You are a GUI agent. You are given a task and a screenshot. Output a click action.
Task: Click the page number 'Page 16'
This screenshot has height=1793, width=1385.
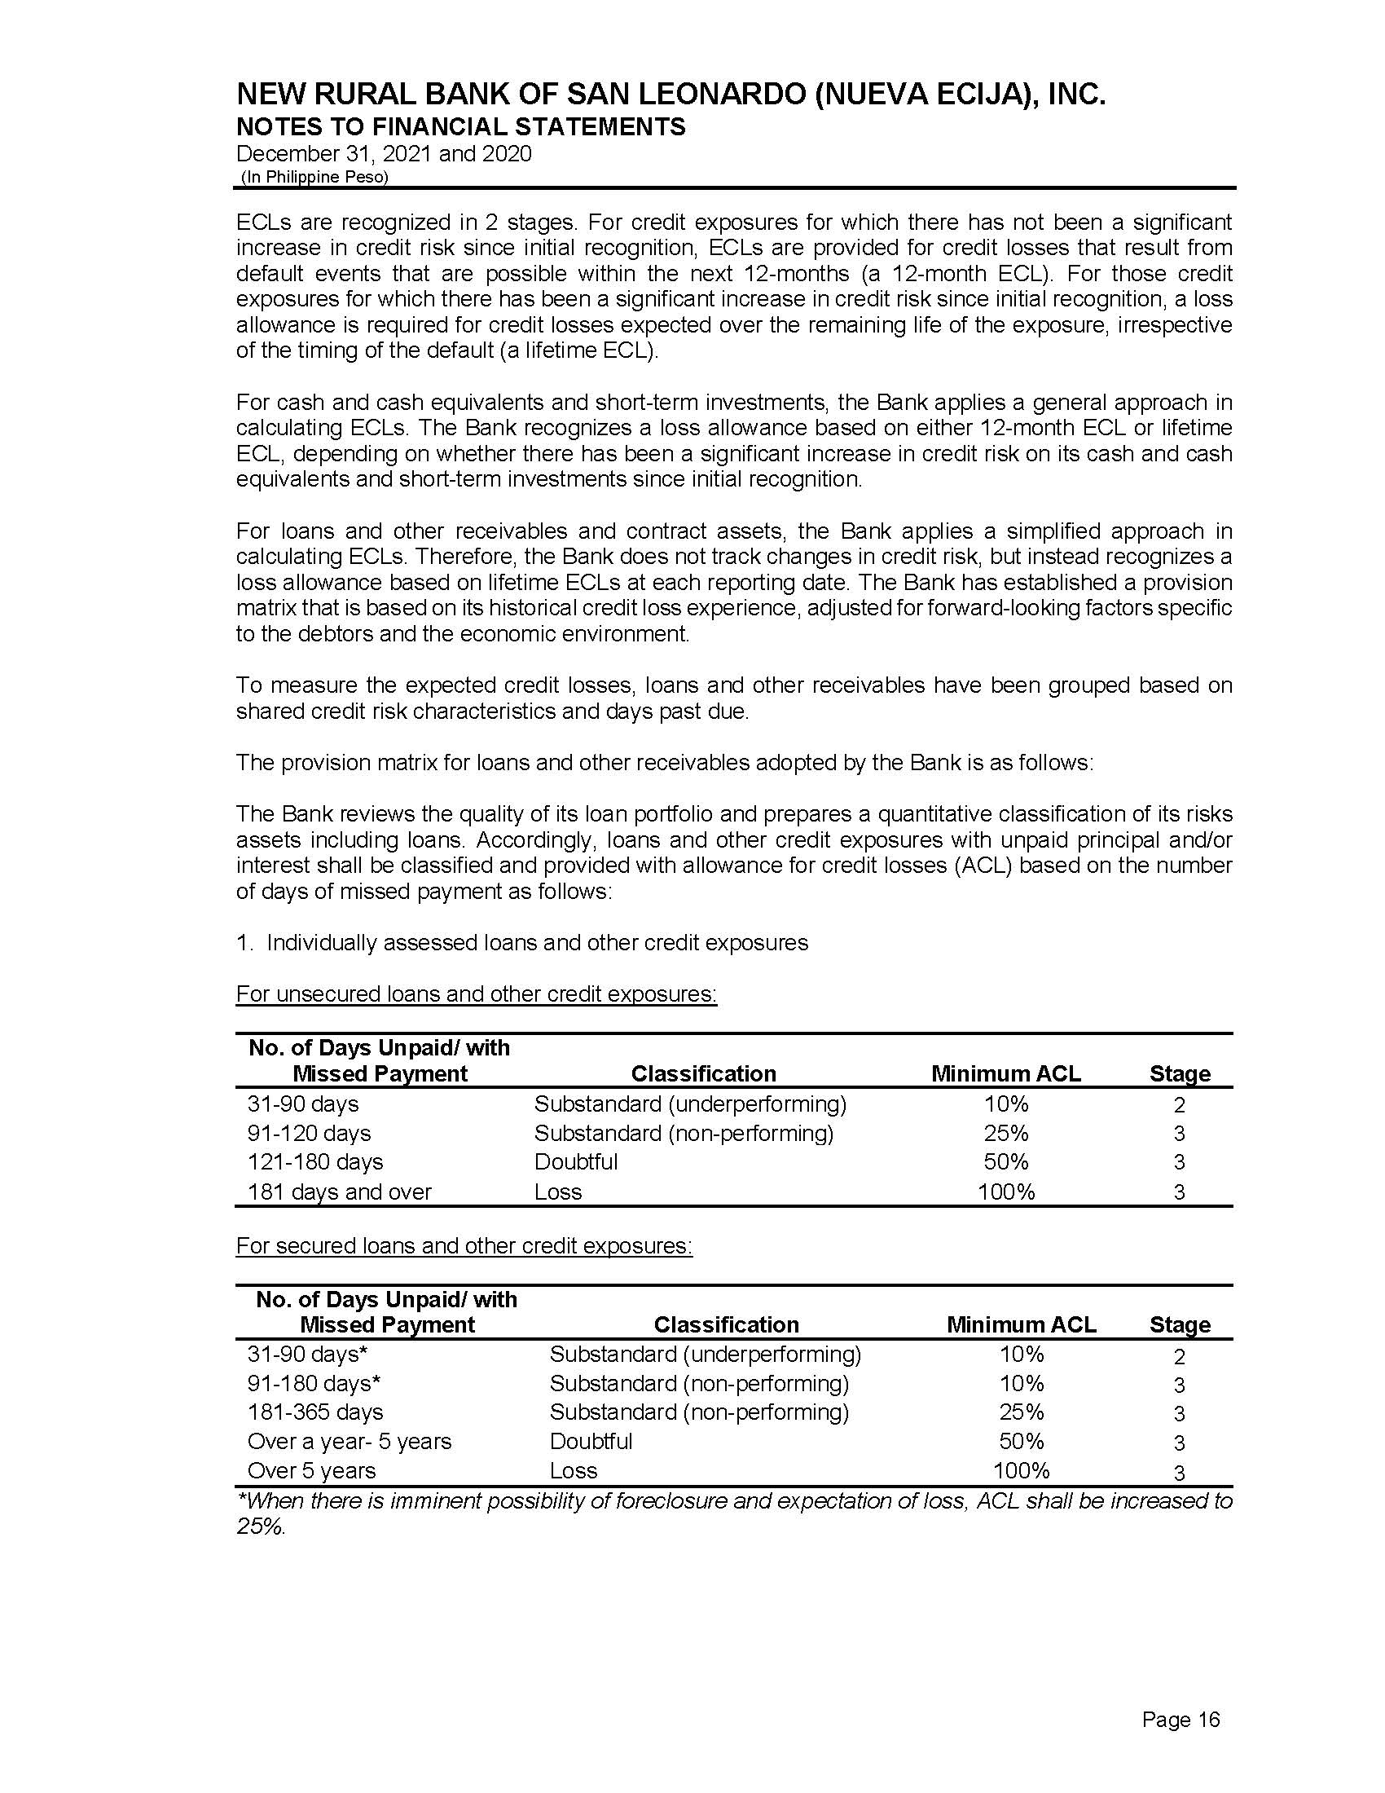tap(1180, 1719)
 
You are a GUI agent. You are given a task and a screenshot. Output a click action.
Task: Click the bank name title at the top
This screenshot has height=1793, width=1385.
tap(671, 95)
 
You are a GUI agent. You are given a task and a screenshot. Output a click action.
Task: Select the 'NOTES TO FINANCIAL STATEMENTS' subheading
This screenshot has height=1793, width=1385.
tap(460, 127)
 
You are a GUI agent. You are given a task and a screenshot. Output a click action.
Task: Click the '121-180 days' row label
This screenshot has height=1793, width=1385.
tap(315, 1161)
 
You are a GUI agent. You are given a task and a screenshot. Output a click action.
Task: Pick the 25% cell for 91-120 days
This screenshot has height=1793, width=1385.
tap(1005, 1133)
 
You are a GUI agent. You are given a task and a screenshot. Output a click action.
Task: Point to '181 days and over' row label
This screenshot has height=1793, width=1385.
tap(339, 1192)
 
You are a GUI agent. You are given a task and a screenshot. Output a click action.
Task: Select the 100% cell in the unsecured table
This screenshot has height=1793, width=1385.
tap(1005, 1192)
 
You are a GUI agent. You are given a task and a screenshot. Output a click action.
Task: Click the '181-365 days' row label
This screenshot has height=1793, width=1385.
tap(315, 1412)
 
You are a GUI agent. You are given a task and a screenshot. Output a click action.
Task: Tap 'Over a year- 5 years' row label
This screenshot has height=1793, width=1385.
tap(349, 1442)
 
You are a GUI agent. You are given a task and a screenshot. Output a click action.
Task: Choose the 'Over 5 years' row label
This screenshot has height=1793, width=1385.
tap(311, 1470)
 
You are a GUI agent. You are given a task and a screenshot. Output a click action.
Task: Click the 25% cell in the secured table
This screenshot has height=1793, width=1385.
tap(1021, 1412)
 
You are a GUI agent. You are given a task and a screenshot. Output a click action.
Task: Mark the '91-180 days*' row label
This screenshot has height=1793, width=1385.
tap(314, 1383)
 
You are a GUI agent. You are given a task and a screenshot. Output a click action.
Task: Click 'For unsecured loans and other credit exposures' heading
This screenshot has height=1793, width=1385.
tap(476, 994)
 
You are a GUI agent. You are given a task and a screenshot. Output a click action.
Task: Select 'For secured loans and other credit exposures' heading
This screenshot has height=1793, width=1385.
tap(464, 1245)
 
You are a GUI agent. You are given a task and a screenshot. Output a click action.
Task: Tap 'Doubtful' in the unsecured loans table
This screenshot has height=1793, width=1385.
tap(575, 1161)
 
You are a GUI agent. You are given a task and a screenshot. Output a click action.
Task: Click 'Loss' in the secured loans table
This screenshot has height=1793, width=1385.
tap(573, 1470)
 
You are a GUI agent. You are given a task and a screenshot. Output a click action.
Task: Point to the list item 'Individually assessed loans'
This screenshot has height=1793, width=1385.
tap(537, 942)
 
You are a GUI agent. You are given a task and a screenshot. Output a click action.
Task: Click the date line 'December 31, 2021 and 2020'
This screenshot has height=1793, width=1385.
tap(383, 154)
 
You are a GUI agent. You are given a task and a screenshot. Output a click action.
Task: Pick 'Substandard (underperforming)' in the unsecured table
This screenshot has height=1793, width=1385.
tap(689, 1104)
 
